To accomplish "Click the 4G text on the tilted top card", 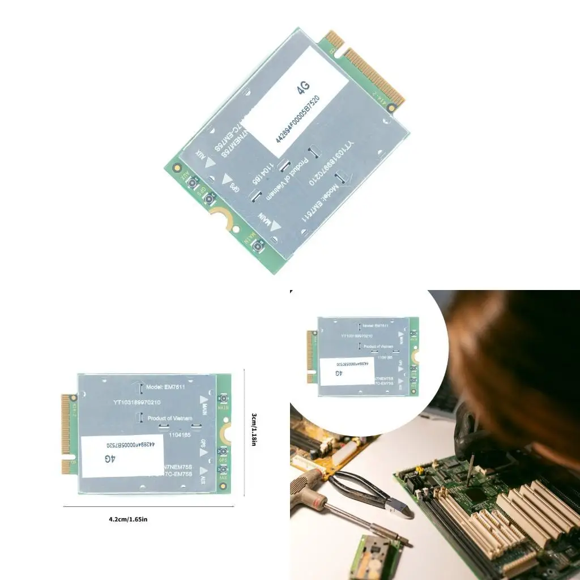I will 304,87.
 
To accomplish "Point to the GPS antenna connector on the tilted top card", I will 210,198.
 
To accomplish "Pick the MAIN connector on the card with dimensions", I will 223,399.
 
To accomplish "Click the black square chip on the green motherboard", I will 475,495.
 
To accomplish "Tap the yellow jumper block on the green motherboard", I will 420,470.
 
